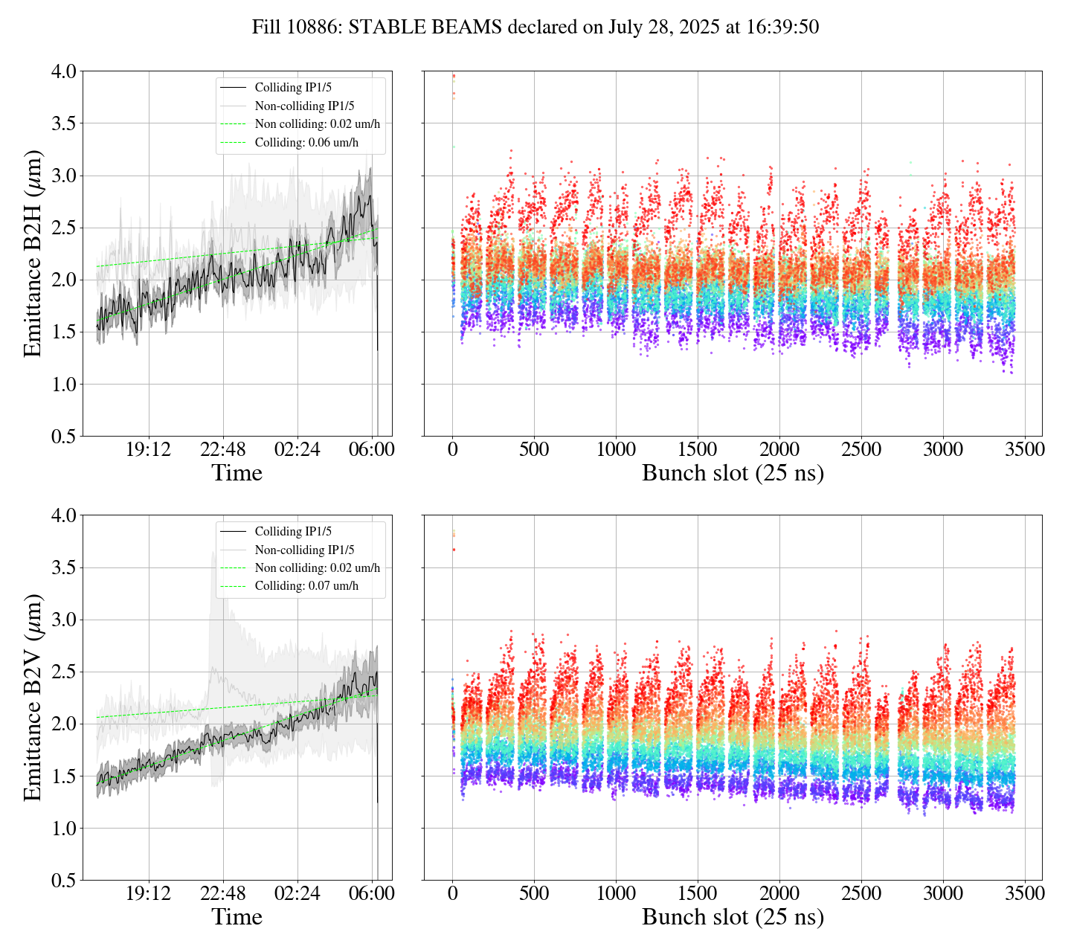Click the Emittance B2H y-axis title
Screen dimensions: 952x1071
[x=33, y=253]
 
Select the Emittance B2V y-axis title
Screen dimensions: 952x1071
[x=33, y=697]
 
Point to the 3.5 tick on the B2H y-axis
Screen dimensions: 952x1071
[x=63, y=123]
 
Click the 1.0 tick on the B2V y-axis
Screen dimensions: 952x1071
[x=63, y=829]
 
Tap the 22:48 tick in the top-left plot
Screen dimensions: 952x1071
[x=222, y=450]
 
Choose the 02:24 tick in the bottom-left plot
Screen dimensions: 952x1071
[x=297, y=893]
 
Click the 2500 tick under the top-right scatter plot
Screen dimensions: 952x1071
[x=861, y=450]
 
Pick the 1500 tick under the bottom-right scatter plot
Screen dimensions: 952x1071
[x=697, y=893]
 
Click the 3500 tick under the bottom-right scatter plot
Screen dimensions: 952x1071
[x=1024, y=893]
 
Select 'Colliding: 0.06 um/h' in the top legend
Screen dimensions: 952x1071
[x=306, y=143]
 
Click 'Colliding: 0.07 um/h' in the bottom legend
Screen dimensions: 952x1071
[x=306, y=586]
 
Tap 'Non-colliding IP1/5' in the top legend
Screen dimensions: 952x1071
[x=304, y=106]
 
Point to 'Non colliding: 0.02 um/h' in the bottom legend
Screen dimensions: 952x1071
[x=317, y=568]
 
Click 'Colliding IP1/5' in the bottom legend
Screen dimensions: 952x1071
[x=293, y=532]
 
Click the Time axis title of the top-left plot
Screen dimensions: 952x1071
[x=237, y=474]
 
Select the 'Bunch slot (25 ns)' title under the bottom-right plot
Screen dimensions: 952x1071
[x=733, y=917]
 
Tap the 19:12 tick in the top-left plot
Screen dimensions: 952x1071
[x=148, y=450]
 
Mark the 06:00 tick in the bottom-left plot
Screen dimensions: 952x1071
[x=372, y=893]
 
